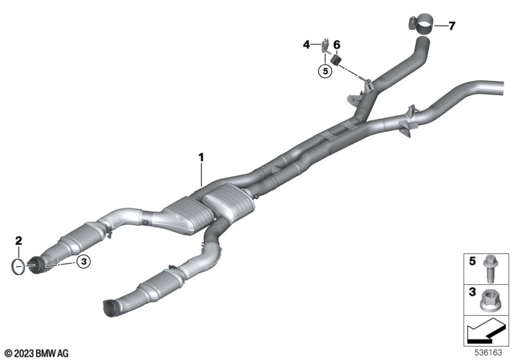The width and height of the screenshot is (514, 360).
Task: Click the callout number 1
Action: (x=201, y=157)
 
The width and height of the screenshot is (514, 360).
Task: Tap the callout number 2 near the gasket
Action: (x=19, y=240)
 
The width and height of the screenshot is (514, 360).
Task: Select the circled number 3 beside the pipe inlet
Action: (x=84, y=261)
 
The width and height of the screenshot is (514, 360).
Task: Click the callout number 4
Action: (x=306, y=44)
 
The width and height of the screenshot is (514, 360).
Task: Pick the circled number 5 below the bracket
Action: (x=325, y=71)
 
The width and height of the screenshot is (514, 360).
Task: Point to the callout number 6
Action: (x=337, y=44)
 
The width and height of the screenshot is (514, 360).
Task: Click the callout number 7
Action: (x=452, y=26)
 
